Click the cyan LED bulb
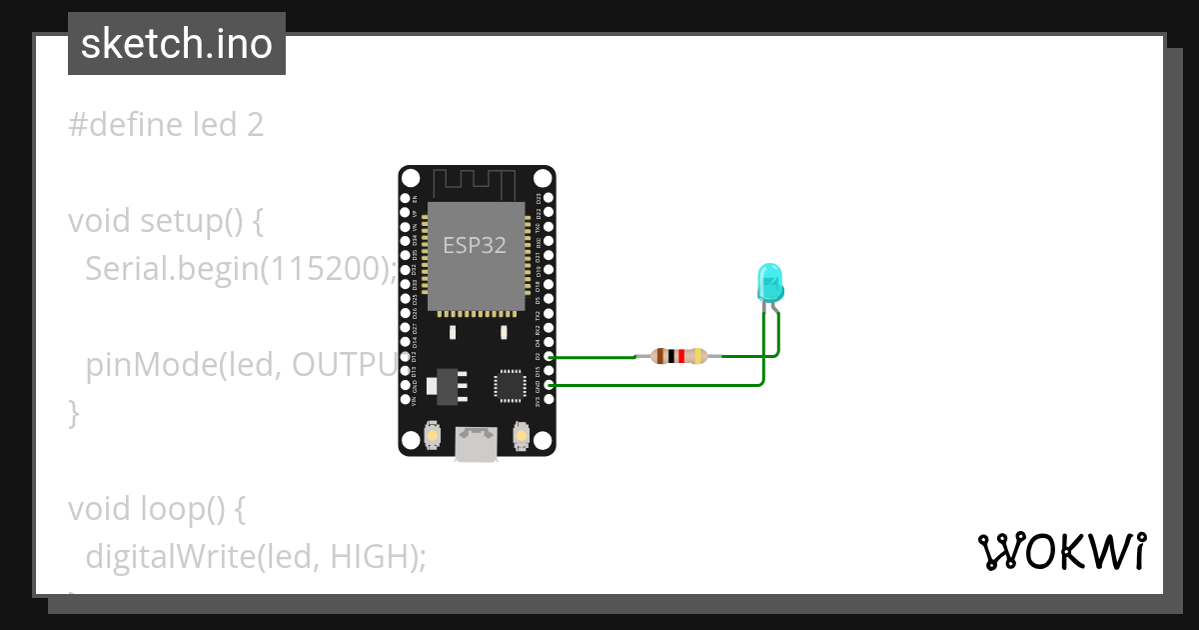click(770, 283)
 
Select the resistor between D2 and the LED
click(678, 355)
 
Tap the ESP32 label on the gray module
click(475, 245)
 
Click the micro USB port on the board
click(477, 444)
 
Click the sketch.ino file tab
click(177, 44)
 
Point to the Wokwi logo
click(1061, 551)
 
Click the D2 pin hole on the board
click(547, 356)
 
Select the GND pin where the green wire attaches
click(547, 385)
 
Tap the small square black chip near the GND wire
click(509, 385)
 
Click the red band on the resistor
click(681, 355)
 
